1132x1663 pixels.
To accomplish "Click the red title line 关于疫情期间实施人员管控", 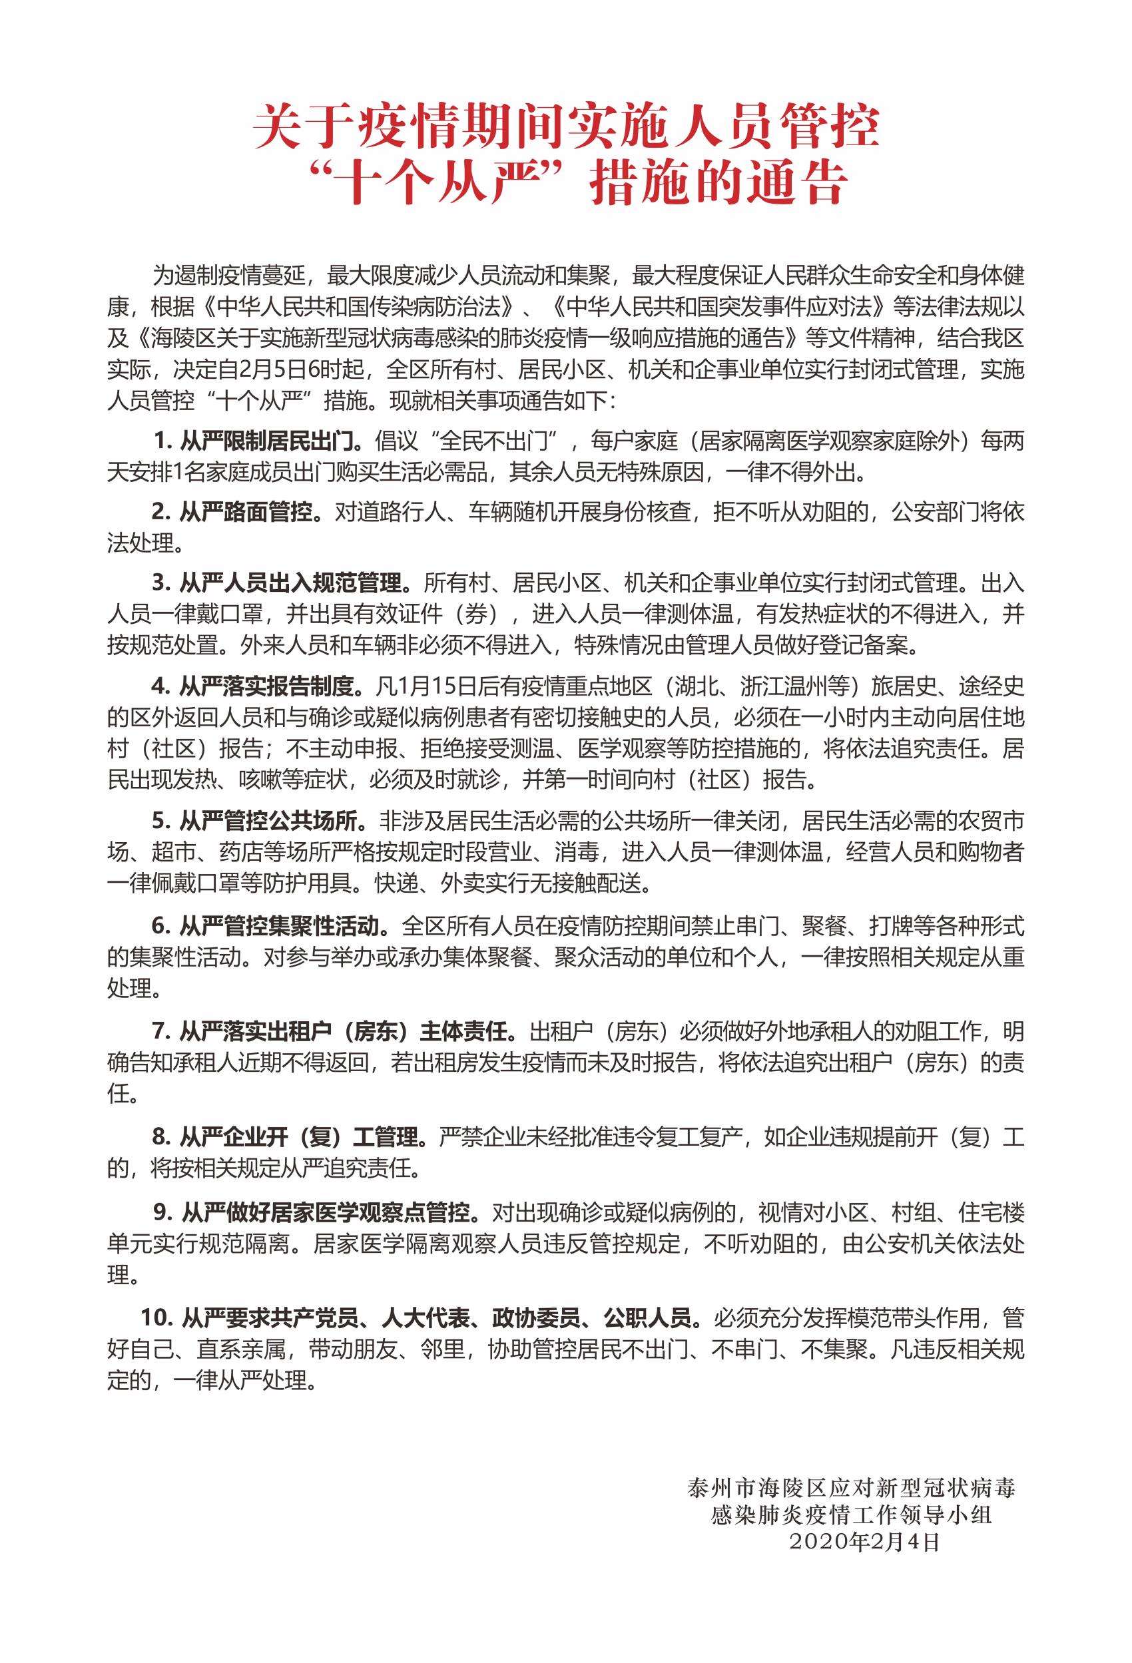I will click(x=566, y=126).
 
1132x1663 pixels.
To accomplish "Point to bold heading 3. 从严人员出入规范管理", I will click(x=281, y=583).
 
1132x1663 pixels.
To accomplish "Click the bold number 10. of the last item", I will click(x=156, y=1317).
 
